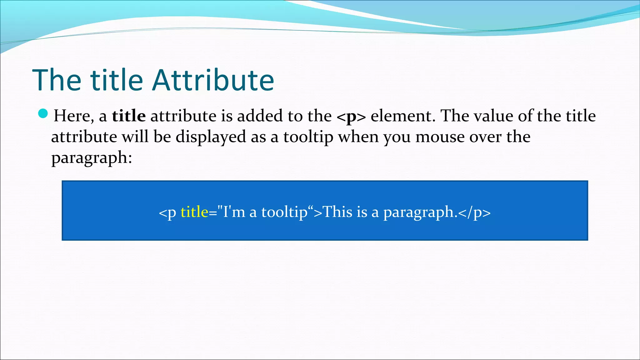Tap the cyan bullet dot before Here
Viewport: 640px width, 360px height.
click(43, 114)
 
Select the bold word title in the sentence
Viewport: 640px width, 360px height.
click(129, 116)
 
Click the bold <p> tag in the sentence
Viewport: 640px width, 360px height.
click(351, 117)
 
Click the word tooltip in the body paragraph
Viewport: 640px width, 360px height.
click(308, 137)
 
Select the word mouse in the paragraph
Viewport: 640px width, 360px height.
click(440, 137)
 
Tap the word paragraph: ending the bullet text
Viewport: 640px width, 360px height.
click(92, 158)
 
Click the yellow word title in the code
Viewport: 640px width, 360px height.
click(194, 212)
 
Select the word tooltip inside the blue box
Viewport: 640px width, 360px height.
click(284, 212)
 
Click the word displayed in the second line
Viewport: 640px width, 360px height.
click(211, 137)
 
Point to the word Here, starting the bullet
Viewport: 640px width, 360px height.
click(74, 116)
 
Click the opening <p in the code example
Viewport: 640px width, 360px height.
click(167, 212)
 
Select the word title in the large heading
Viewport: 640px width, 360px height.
click(117, 80)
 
